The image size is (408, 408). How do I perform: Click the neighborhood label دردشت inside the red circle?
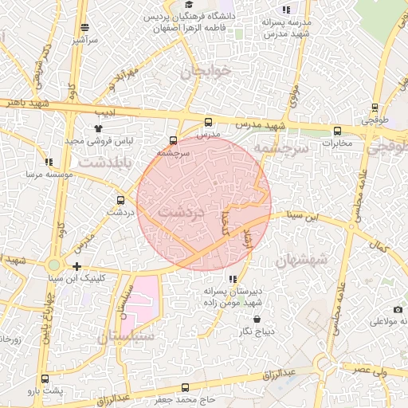pos(182,213)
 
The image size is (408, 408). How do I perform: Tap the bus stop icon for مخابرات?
pos(337,131)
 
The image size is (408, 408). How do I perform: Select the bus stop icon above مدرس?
pos(209,122)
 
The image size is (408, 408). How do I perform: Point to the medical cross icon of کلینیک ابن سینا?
pos(76,266)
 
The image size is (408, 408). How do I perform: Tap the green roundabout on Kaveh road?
pos(53,264)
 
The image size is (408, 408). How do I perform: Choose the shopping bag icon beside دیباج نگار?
pos(245,328)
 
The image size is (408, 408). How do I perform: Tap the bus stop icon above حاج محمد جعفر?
pos(186,388)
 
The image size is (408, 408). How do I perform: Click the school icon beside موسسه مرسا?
pos(50,161)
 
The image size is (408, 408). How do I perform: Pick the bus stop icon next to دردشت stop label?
pos(120,200)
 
